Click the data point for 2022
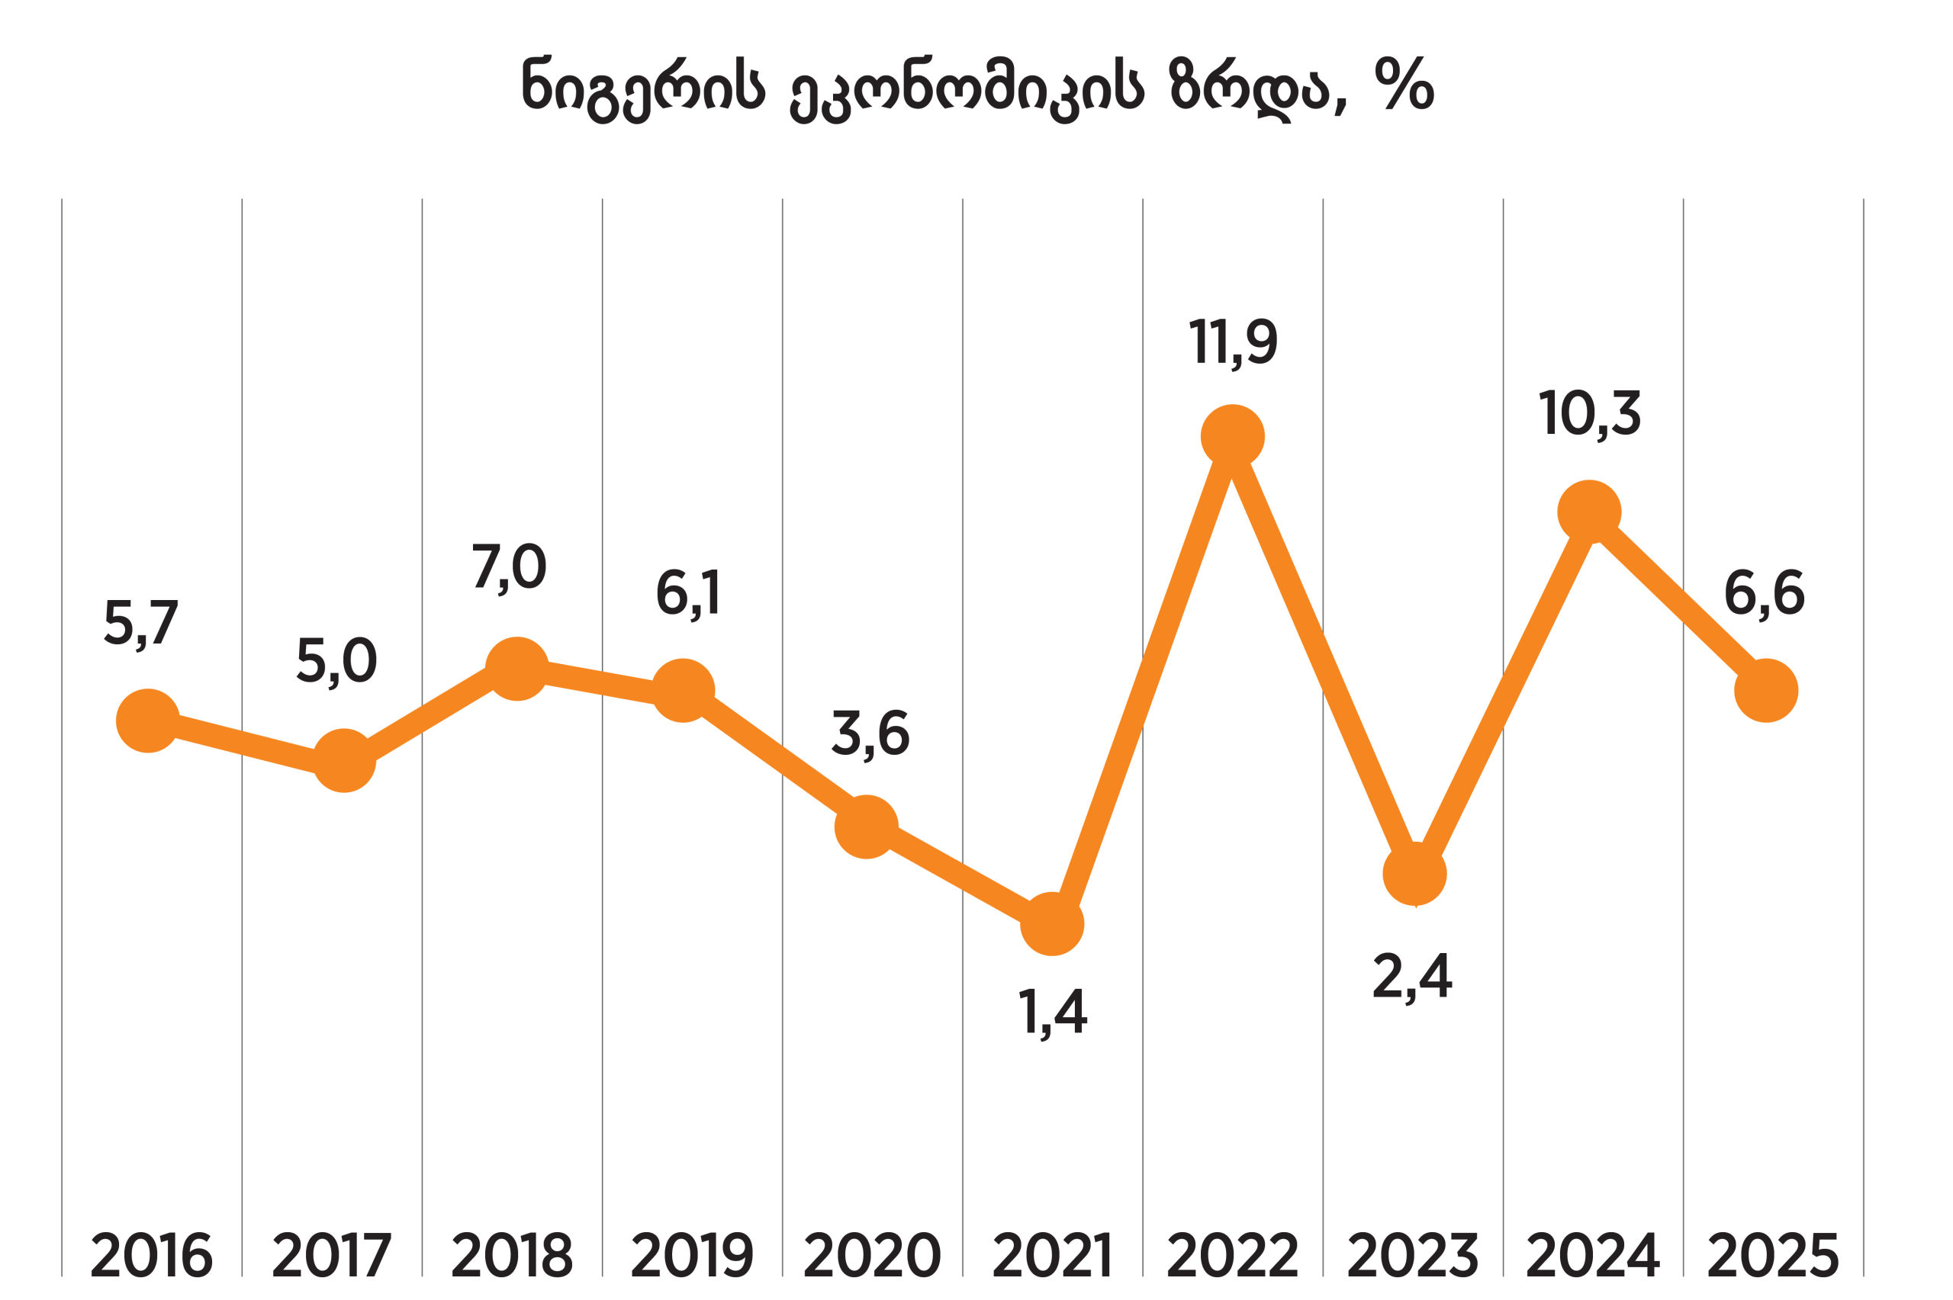point(1232,436)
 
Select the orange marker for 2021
point(1052,923)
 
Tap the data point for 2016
point(147,721)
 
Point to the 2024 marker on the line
point(1589,512)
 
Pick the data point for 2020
point(866,827)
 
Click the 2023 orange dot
point(1415,874)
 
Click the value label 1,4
point(1051,1012)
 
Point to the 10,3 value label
point(1590,413)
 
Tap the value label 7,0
point(509,567)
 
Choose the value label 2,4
point(1412,976)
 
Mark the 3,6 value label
point(870,733)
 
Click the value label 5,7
point(141,623)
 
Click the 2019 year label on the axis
point(692,1255)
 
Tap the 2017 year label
point(332,1255)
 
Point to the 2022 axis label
point(1232,1255)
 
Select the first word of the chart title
point(642,87)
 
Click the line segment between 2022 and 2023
point(1324,655)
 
